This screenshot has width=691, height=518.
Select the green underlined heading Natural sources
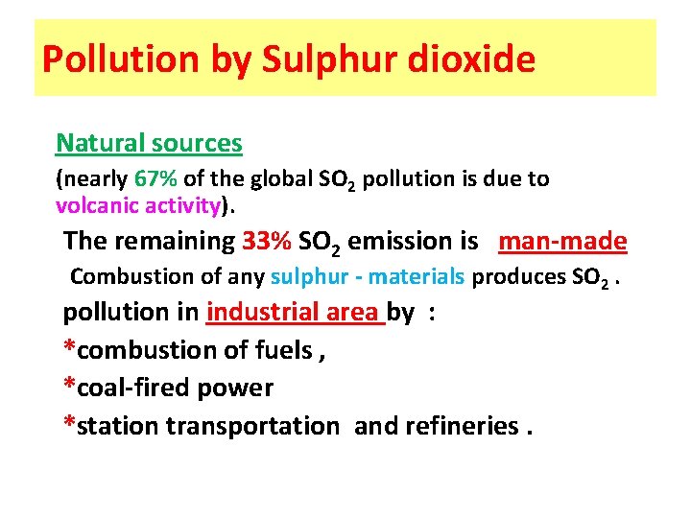(149, 143)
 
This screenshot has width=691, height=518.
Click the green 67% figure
(155, 179)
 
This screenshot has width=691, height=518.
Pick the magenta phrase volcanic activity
(139, 204)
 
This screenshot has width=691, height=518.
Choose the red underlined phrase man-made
(563, 241)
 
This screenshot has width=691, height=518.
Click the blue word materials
(417, 277)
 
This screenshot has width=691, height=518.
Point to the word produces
(518, 277)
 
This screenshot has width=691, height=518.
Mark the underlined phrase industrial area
(295, 312)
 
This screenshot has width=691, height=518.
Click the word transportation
(252, 425)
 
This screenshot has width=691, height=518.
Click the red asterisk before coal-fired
(69, 386)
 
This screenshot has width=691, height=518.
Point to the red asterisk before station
(69, 423)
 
